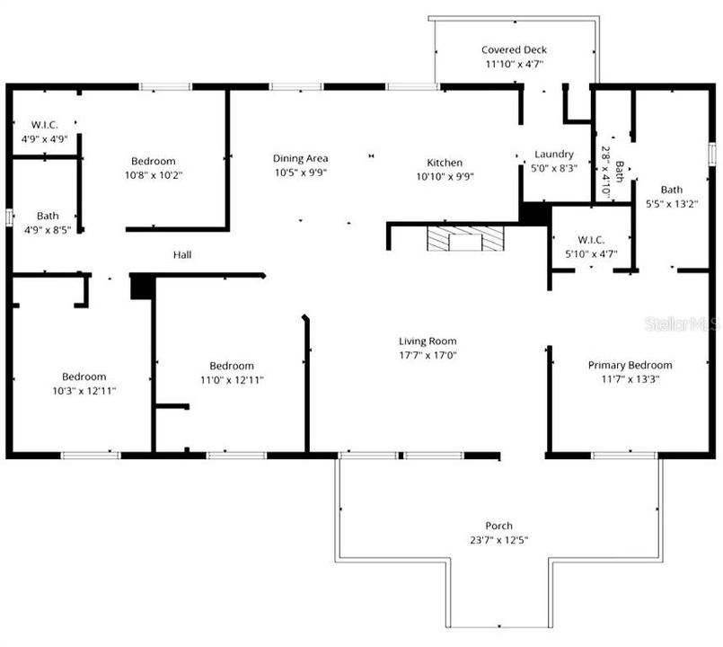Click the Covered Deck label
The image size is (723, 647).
514,50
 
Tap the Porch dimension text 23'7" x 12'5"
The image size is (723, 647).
499,540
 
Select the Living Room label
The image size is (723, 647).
428,341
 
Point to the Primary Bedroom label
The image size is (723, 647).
630,365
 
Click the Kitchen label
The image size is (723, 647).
445,163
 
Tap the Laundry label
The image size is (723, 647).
553,154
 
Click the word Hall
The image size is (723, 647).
182,255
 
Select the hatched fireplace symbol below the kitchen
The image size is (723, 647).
466,239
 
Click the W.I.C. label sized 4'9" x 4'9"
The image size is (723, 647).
45,125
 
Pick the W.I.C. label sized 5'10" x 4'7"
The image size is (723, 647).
592,240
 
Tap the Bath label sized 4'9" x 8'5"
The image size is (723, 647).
48,216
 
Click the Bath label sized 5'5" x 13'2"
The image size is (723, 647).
671,190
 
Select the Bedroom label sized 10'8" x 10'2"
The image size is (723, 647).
153,162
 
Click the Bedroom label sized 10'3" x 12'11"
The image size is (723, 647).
84,377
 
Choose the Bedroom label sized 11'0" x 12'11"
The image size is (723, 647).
232,366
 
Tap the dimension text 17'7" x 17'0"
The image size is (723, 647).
428,355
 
